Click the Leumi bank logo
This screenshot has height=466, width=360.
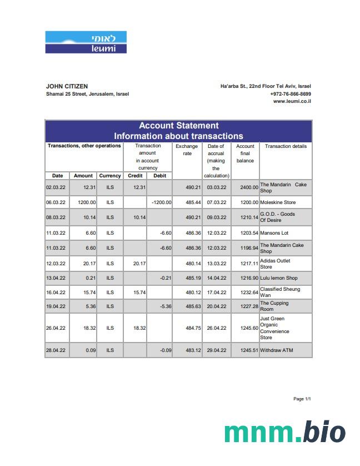[86, 42]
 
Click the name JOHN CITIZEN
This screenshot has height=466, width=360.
[67, 86]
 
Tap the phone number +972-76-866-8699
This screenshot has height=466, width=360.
[291, 94]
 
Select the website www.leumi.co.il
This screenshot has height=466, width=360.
[292, 101]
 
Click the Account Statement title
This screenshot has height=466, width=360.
[178, 126]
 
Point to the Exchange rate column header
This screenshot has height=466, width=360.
[187, 150]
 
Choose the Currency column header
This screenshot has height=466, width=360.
[110, 176]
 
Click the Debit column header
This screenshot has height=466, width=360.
[159, 176]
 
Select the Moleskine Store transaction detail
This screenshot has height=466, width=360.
[278, 202]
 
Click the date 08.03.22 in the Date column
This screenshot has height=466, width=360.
[56, 217]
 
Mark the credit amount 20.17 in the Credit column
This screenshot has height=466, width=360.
[139, 264]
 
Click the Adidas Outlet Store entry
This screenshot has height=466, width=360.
[275, 264]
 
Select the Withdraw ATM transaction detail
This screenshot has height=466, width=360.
[276, 350]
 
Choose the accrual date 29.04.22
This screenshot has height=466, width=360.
[216, 350]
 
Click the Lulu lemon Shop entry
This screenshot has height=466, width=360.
[278, 277]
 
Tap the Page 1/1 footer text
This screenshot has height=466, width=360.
[302, 399]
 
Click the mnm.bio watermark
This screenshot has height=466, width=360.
[284, 432]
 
